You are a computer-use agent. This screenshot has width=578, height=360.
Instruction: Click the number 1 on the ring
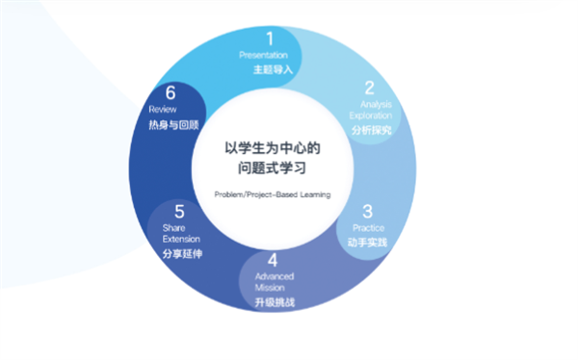tap(270, 39)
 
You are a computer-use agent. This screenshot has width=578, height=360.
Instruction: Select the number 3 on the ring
tap(367, 211)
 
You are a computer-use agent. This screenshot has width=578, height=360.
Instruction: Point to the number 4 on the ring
tap(273, 260)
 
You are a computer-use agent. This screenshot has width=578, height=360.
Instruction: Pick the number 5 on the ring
tap(179, 211)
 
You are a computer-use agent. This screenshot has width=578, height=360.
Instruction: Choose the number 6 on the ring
tap(170, 93)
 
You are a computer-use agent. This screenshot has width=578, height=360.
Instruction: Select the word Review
tap(163, 110)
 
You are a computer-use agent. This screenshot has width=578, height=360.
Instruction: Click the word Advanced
tap(275, 276)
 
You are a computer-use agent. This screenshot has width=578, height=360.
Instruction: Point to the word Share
tap(160, 228)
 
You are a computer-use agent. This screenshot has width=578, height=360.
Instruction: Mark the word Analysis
tap(376, 103)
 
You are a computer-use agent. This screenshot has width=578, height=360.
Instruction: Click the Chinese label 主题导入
tap(272, 69)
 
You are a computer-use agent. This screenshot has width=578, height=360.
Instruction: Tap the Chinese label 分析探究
tap(370, 129)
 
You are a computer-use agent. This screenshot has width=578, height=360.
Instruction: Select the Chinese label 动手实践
tap(367, 242)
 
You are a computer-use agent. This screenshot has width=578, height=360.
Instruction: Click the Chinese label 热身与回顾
tap(178, 125)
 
